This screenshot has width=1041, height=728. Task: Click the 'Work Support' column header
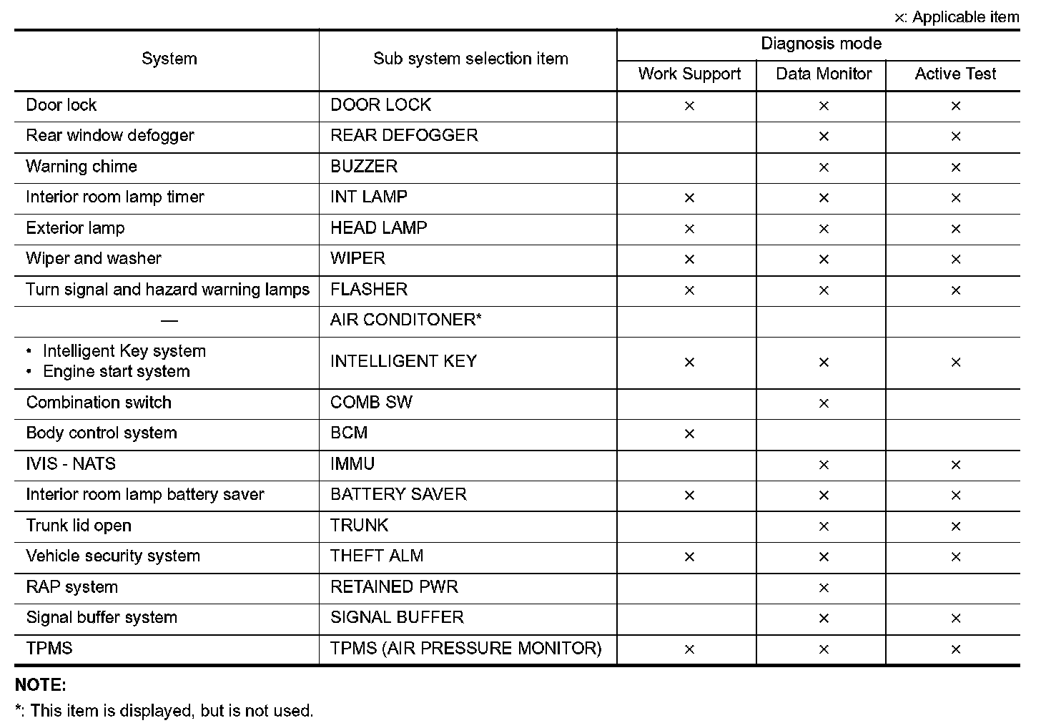coord(689,74)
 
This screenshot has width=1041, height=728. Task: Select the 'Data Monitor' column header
coord(824,74)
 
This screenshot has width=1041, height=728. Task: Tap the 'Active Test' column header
coord(955,74)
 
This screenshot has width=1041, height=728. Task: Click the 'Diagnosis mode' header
coord(821,44)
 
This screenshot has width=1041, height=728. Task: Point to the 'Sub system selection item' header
coord(470,59)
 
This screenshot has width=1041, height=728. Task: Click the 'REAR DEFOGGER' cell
coord(404,136)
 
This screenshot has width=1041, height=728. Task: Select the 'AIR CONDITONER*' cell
coord(405,320)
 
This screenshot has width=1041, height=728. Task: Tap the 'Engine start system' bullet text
coord(117,372)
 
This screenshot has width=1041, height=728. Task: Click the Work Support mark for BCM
coord(689,434)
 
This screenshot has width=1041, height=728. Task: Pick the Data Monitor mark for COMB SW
coord(824,403)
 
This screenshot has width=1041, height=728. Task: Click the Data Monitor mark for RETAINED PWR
coord(824,588)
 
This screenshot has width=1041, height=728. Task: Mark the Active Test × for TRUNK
coord(956,526)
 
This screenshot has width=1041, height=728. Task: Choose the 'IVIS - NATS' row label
coord(71,464)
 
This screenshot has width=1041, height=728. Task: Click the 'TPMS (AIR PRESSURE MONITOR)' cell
coord(465,649)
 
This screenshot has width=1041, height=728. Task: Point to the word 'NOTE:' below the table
coord(41,685)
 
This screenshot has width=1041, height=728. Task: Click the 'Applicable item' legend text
coord(965,17)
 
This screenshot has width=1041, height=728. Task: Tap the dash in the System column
coord(169,321)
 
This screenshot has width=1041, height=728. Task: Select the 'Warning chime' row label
coord(82,167)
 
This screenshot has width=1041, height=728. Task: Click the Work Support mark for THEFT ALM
coord(689,557)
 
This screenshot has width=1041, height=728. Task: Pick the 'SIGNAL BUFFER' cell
coord(397,618)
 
